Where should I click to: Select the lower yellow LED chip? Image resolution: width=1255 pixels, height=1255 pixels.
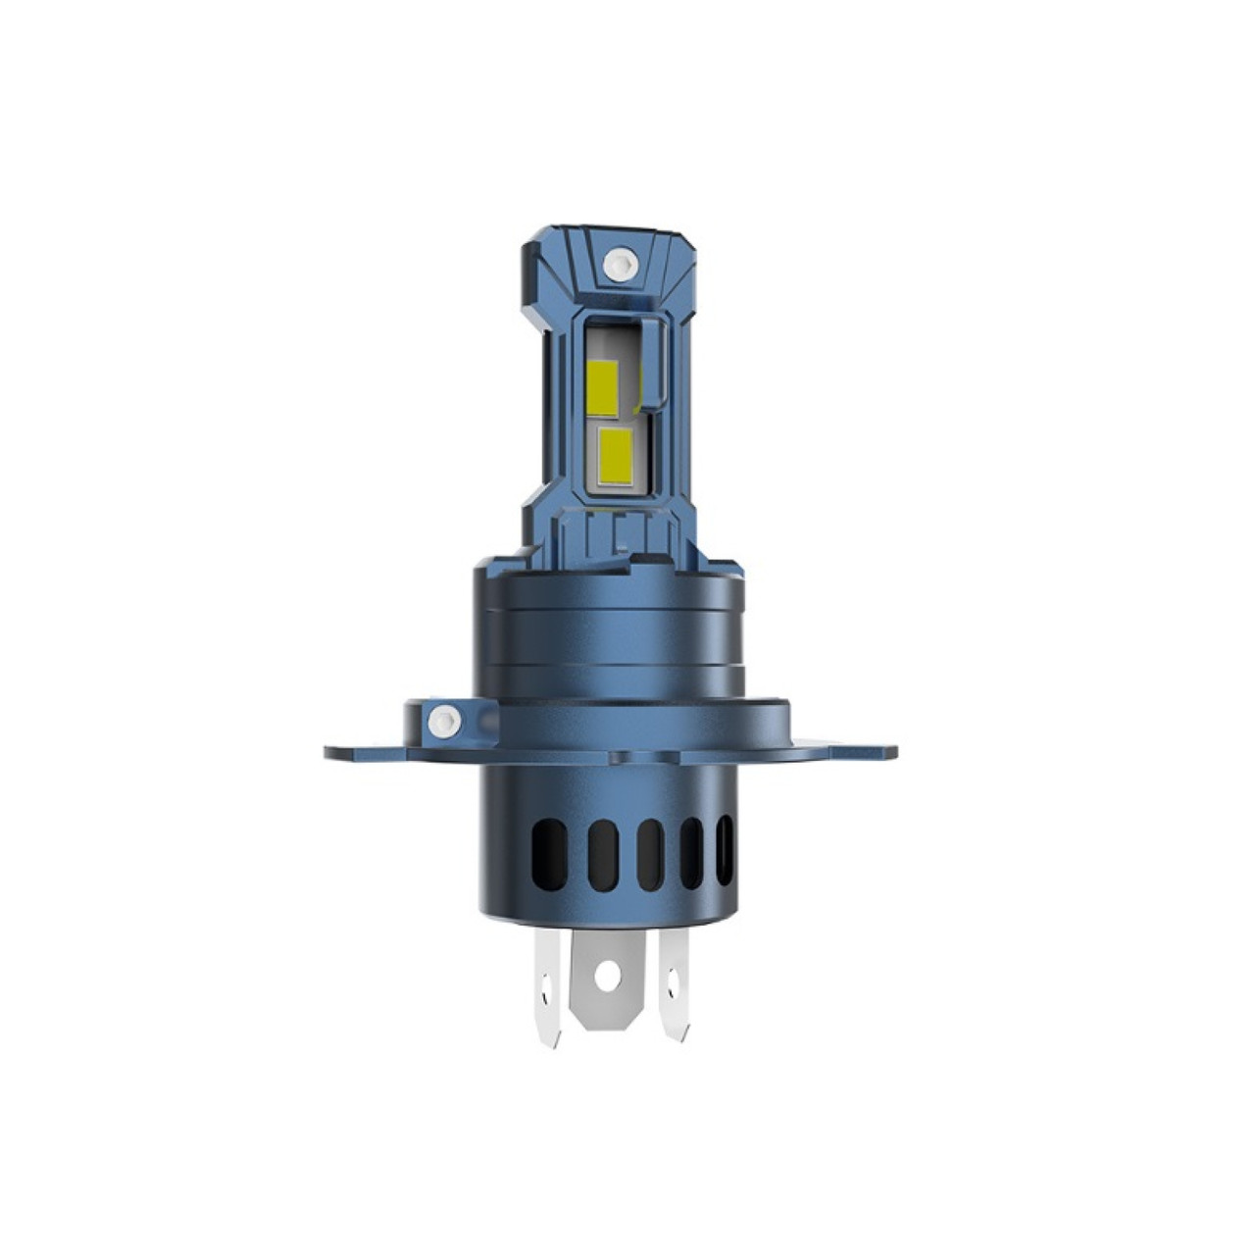point(614,457)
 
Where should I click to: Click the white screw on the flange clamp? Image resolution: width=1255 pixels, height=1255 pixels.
point(443,722)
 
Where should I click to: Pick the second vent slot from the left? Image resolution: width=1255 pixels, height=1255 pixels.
point(603,855)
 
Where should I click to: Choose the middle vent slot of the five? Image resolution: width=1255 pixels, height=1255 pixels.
point(649,854)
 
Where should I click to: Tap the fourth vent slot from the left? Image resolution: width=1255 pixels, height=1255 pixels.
point(691,852)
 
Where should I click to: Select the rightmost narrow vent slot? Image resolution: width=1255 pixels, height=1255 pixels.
point(725,848)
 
